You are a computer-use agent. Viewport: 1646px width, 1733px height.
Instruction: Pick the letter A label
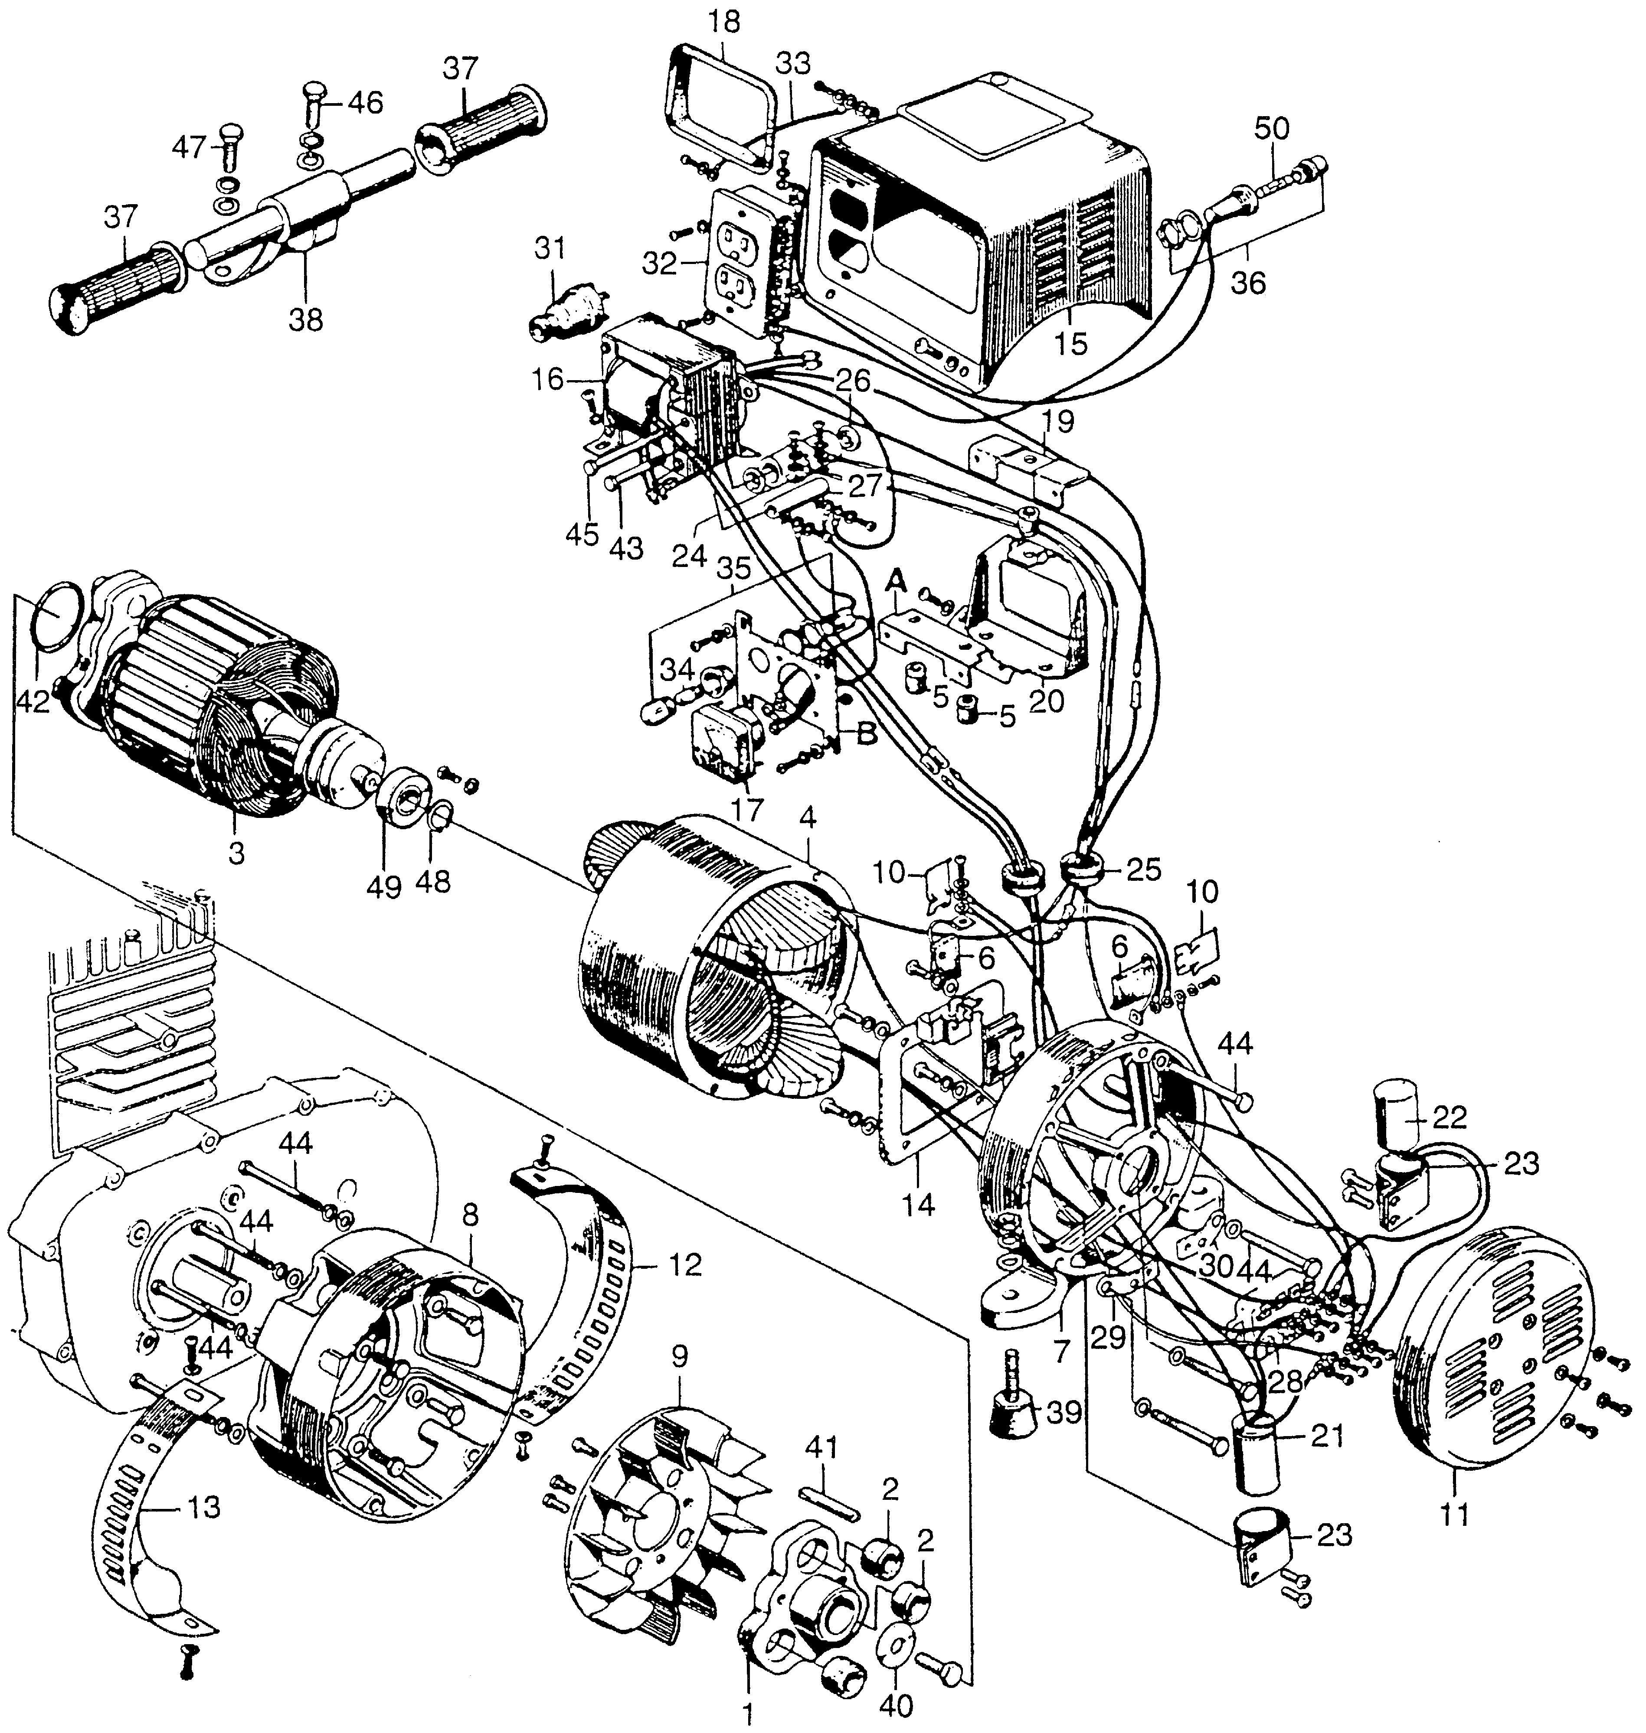pyautogui.click(x=896, y=580)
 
